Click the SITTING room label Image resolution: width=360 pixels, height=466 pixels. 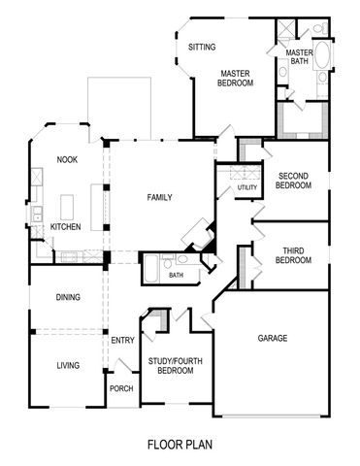tap(202, 47)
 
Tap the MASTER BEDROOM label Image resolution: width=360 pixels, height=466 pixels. tap(236, 78)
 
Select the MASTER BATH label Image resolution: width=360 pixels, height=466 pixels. tap(298, 57)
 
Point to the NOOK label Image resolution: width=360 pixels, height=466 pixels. tap(66, 159)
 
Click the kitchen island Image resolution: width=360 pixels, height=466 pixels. tap(68, 206)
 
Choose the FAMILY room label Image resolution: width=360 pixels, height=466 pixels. tap(159, 197)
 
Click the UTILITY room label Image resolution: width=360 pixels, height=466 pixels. tap(247, 187)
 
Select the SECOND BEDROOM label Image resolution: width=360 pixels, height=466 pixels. tap(293, 181)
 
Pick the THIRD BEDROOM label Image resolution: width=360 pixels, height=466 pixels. tap(293, 256)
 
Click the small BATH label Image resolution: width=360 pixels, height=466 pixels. tap(176, 275)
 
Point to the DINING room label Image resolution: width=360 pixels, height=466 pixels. tap(67, 297)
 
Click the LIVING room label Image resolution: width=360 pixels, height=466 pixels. tap(67, 365)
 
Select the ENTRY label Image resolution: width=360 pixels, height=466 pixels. tap(122, 340)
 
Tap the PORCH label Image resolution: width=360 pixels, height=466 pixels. tap(122, 388)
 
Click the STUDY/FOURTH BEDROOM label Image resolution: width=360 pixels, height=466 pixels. tap(176, 366)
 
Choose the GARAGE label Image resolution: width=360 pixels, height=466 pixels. tap(272, 339)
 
